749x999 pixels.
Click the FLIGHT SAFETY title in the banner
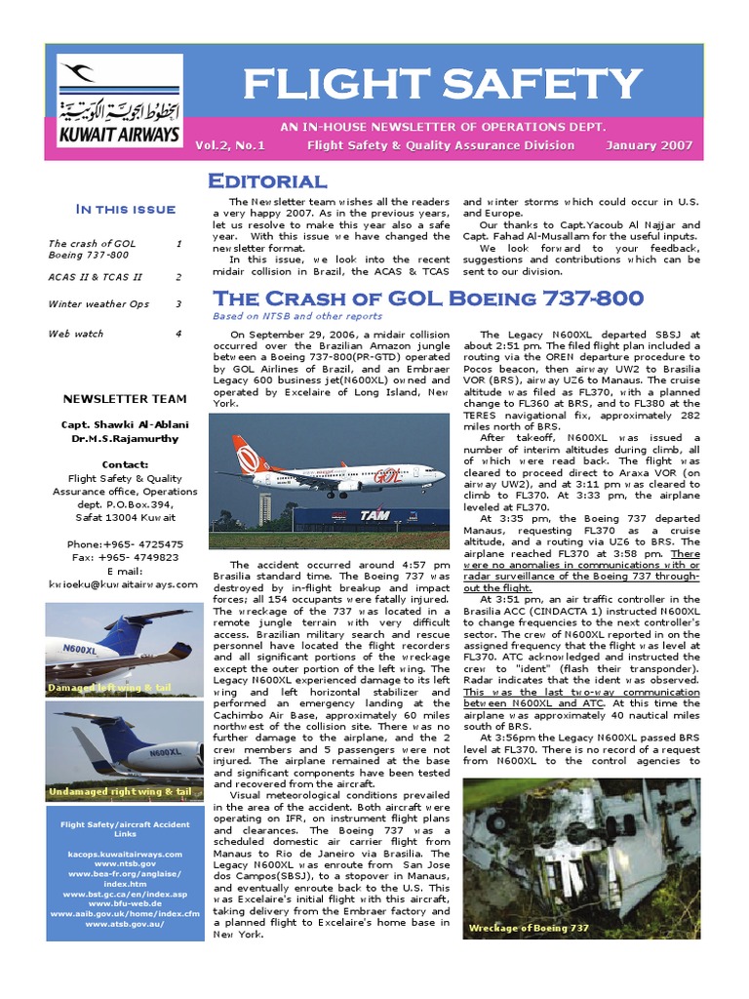click(x=442, y=86)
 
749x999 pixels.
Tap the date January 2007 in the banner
click(x=649, y=145)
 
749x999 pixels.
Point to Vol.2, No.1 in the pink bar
click(x=229, y=145)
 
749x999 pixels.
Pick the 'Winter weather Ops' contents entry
click(x=99, y=304)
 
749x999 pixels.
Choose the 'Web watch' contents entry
click(x=75, y=334)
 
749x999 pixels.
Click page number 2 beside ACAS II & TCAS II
click(x=178, y=277)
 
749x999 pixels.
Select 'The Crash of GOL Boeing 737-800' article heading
click(x=428, y=298)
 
